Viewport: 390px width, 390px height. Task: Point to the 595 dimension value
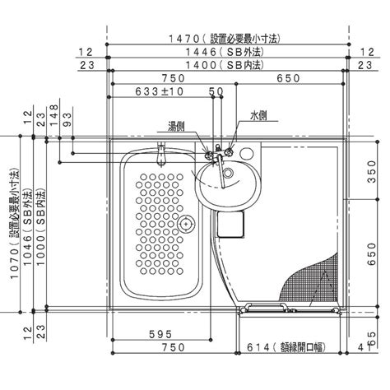click(x=160, y=335)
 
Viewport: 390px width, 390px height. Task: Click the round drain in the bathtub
click(x=188, y=221)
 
